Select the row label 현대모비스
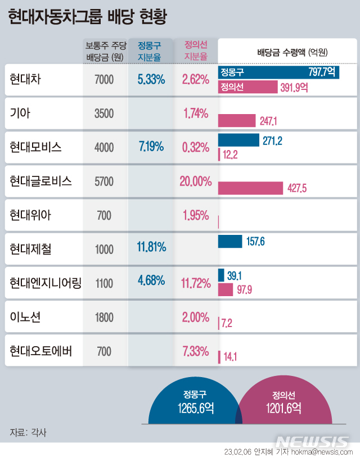[x=35, y=147]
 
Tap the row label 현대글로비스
[x=40, y=181]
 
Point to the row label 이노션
[x=25, y=318]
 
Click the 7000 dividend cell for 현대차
[x=105, y=80]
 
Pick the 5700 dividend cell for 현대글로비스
[x=105, y=182]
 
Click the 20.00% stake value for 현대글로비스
[x=195, y=181]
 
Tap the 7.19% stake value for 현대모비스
[x=151, y=147]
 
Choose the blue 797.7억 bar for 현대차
[x=278, y=72]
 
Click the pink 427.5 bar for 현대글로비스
[x=250, y=188]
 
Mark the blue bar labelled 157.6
[x=230, y=242]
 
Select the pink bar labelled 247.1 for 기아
[x=236, y=120]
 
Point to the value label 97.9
[x=245, y=289]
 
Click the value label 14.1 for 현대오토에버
[x=231, y=356]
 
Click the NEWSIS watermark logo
[x=312, y=440]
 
